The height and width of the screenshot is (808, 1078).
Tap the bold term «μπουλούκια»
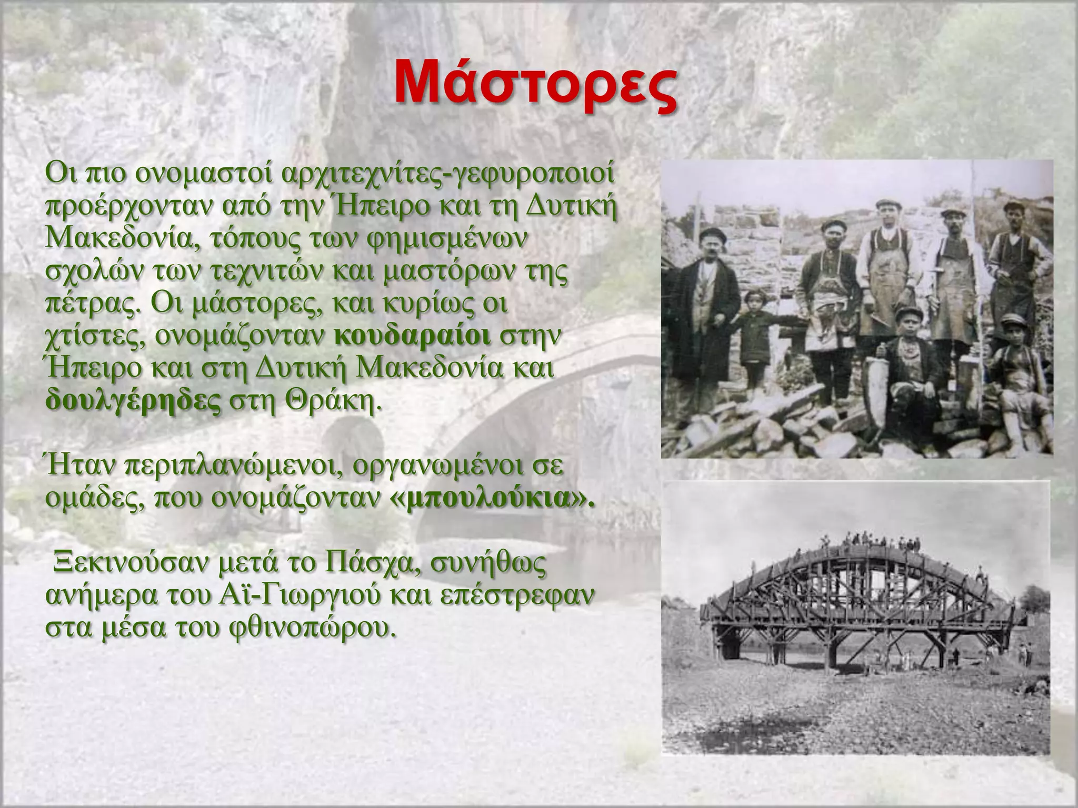495,499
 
